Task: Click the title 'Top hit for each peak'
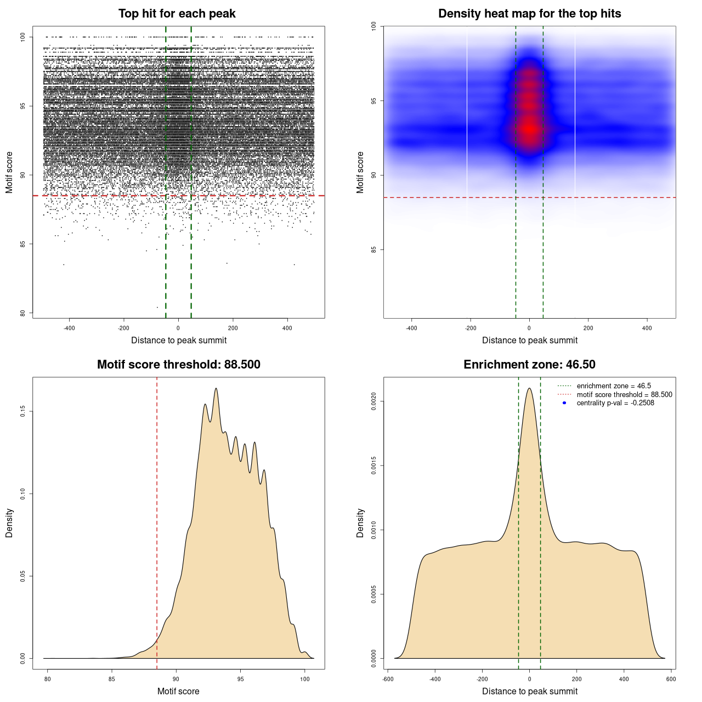(x=177, y=14)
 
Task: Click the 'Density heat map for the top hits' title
(x=529, y=14)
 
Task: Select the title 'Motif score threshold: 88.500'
(x=178, y=365)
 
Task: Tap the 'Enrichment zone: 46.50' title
(x=529, y=365)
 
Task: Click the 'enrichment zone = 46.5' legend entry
(x=614, y=386)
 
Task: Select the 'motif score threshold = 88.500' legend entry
(x=624, y=394)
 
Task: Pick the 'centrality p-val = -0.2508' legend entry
(x=615, y=403)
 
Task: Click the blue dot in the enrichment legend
(x=564, y=403)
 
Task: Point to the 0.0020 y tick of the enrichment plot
(x=373, y=401)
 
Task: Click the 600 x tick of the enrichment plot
(x=671, y=680)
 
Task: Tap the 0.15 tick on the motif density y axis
(x=22, y=411)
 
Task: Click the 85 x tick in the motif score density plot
(x=112, y=680)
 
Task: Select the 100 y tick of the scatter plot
(x=22, y=37)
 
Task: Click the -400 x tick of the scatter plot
(x=69, y=329)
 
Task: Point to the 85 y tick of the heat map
(x=373, y=250)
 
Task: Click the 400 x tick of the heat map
(x=647, y=329)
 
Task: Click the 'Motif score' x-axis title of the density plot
(x=178, y=691)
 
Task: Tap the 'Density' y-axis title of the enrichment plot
(x=360, y=523)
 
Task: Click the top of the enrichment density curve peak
(x=529, y=388)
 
